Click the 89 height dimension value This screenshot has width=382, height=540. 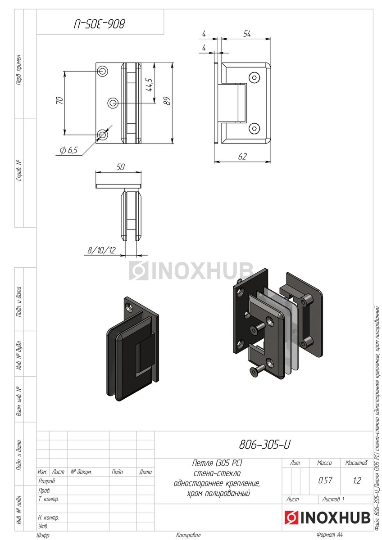click(x=166, y=102)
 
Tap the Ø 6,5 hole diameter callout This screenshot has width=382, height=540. click(x=68, y=151)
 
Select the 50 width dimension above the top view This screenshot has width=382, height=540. click(x=120, y=166)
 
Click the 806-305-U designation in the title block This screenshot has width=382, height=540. click(x=265, y=445)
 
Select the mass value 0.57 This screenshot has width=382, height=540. click(x=325, y=480)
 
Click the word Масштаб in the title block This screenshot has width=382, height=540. click(x=356, y=463)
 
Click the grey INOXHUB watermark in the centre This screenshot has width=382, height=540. click(x=191, y=271)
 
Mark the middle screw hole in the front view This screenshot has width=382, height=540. click(x=113, y=103)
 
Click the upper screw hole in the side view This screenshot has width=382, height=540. click(x=255, y=78)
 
